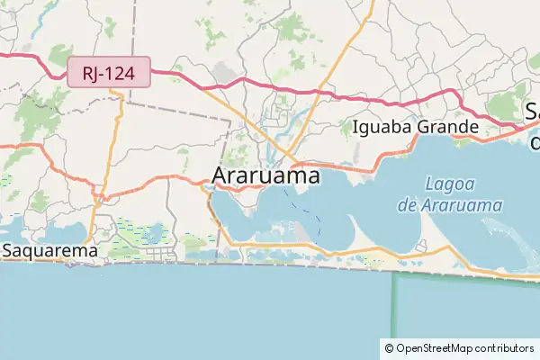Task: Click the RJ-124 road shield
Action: click(109, 73)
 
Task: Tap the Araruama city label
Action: click(265, 176)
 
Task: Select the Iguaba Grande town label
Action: click(415, 126)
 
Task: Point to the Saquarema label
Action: click(49, 251)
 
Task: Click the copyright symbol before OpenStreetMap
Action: click(389, 347)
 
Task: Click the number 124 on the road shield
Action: click(125, 73)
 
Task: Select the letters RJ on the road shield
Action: click(89, 73)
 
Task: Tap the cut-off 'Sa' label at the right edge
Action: click(533, 112)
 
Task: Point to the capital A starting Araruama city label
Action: click(220, 176)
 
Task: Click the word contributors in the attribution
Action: click(503, 347)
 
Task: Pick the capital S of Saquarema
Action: click(7, 251)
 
